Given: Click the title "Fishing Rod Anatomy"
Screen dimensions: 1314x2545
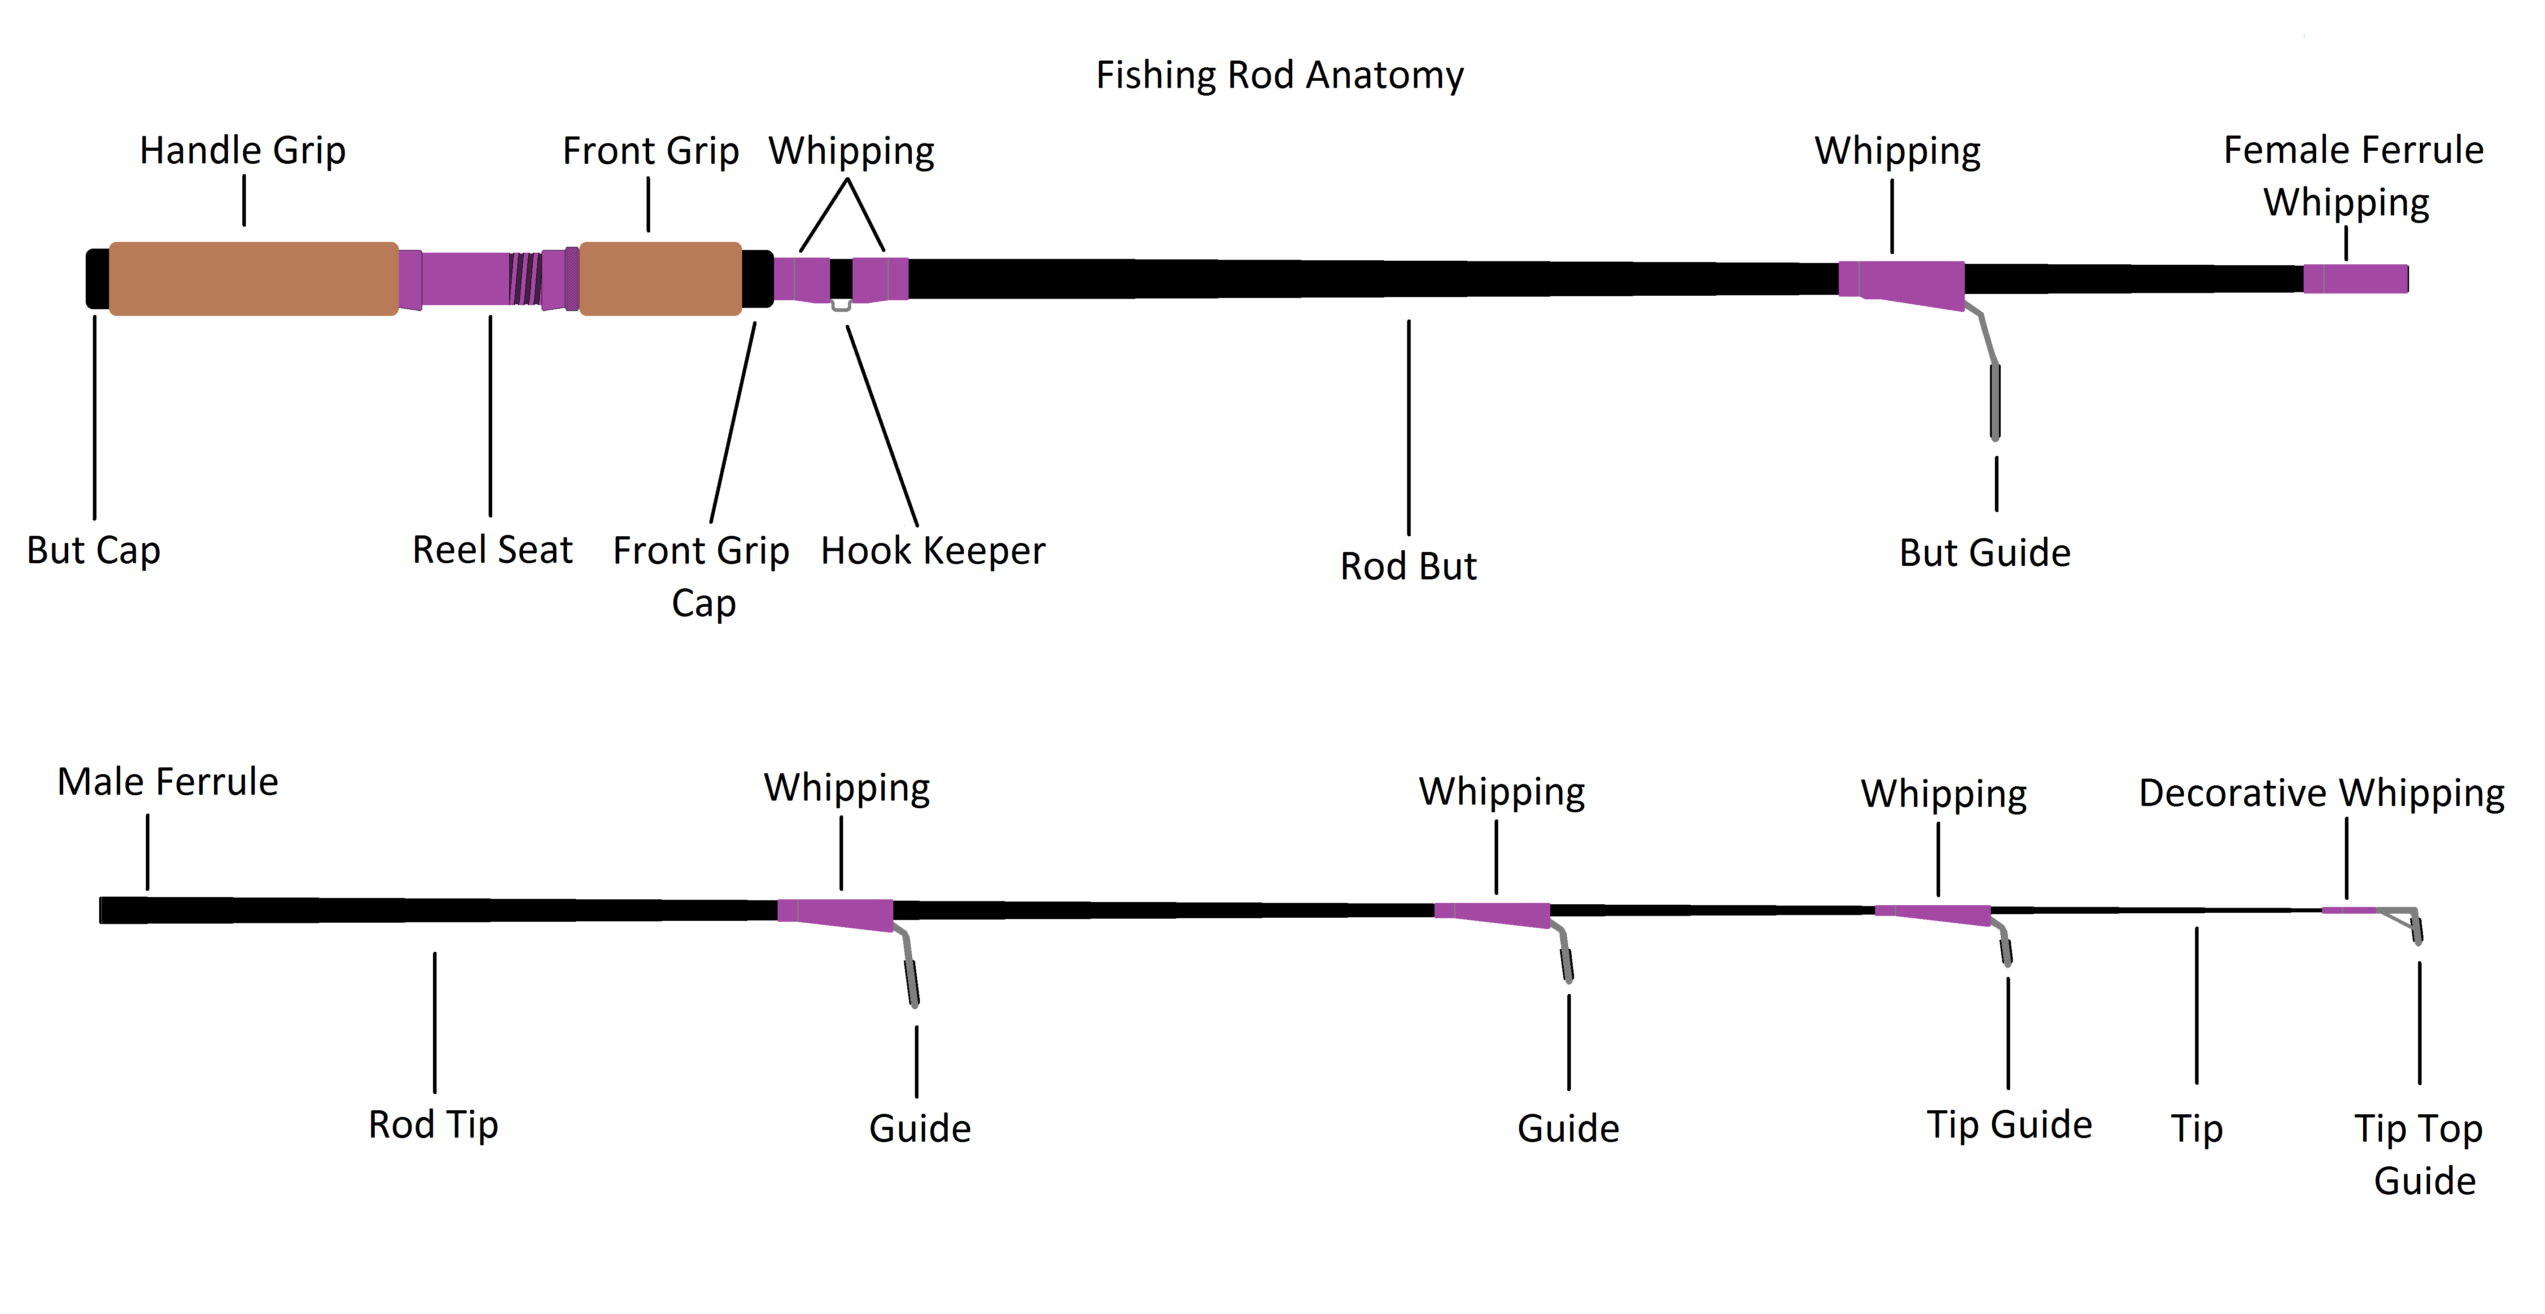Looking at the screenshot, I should point(1279,75).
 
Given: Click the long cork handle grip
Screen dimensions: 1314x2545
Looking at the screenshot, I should point(253,279).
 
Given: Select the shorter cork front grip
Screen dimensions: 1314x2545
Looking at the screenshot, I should point(660,279).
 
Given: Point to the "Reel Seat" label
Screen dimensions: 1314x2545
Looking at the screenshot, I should point(492,549).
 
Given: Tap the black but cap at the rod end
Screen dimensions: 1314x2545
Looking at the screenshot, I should point(97,279).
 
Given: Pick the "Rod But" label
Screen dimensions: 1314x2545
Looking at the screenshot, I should point(1408,566).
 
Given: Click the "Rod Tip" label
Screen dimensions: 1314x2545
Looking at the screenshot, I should point(433,1124).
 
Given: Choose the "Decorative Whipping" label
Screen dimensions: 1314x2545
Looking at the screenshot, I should point(2321,793).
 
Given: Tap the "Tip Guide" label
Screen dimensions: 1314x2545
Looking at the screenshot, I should point(2008,1124).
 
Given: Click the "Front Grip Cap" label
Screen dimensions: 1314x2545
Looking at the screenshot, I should point(701,576).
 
